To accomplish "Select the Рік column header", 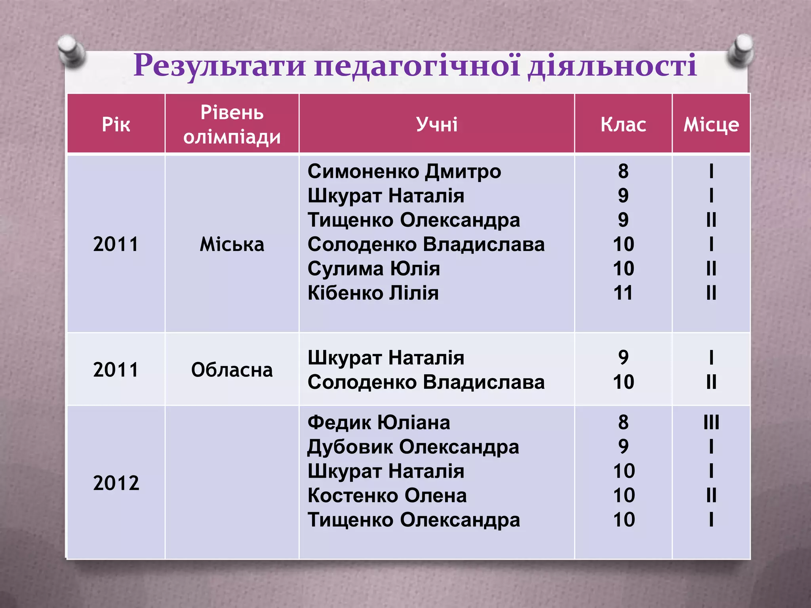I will point(116,124).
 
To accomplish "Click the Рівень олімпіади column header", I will point(232,124).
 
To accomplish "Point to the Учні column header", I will point(436,124).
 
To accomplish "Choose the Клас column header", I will point(623,124).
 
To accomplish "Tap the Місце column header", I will point(711,124).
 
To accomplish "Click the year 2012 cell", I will point(116,483).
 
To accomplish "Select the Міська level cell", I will point(232,244).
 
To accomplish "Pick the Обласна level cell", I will point(232,370).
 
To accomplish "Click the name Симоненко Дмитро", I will point(404,171).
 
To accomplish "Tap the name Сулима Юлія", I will point(374,269).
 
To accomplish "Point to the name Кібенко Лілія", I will point(373,293).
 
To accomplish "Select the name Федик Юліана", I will point(379,422).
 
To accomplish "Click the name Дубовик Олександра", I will point(413,447).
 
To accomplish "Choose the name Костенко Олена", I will point(387,496).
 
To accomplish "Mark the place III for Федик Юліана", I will point(711,422).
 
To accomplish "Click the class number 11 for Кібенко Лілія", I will point(623,293).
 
